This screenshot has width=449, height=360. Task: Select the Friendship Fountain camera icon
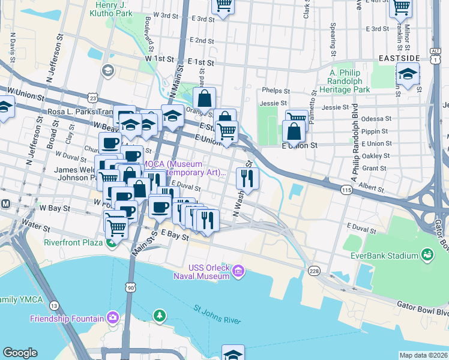tap(112, 317)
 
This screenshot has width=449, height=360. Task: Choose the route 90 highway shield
tap(131, 289)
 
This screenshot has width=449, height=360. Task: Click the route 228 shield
tap(314, 272)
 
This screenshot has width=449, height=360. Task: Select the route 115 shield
tap(346, 190)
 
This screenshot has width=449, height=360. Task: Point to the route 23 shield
tap(92, 97)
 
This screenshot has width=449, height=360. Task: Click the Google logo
tap(20, 353)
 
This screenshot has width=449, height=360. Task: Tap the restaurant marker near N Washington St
tap(247, 178)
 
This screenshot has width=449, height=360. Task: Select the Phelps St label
tap(276, 92)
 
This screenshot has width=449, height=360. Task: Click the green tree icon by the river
tap(159, 314)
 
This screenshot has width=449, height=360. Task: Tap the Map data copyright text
tap(423, 355)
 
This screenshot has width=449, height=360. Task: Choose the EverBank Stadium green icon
tap(427, 256)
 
